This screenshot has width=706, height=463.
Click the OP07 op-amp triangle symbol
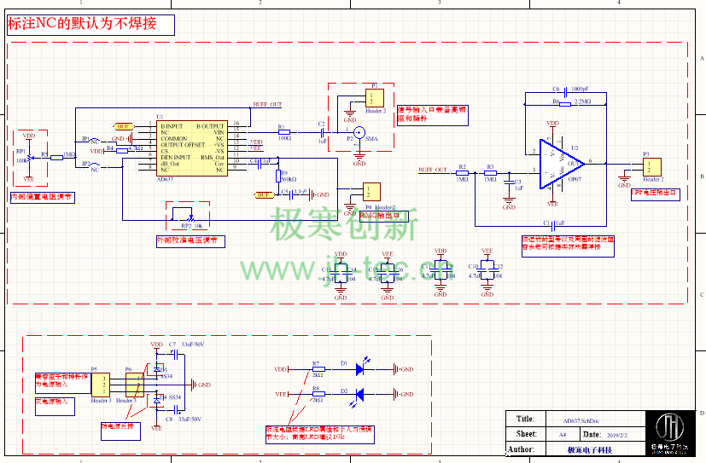560,161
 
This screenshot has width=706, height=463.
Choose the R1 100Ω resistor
284,132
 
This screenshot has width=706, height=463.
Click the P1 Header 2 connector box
375,98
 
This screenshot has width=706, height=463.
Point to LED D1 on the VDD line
359,369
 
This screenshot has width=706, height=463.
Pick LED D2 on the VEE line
359,394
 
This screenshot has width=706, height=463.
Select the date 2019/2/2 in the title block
616,434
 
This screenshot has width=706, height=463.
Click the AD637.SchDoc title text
581,420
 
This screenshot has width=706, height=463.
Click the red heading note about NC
90,24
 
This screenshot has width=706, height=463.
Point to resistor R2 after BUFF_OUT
462,173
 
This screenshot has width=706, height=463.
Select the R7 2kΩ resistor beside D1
316,369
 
